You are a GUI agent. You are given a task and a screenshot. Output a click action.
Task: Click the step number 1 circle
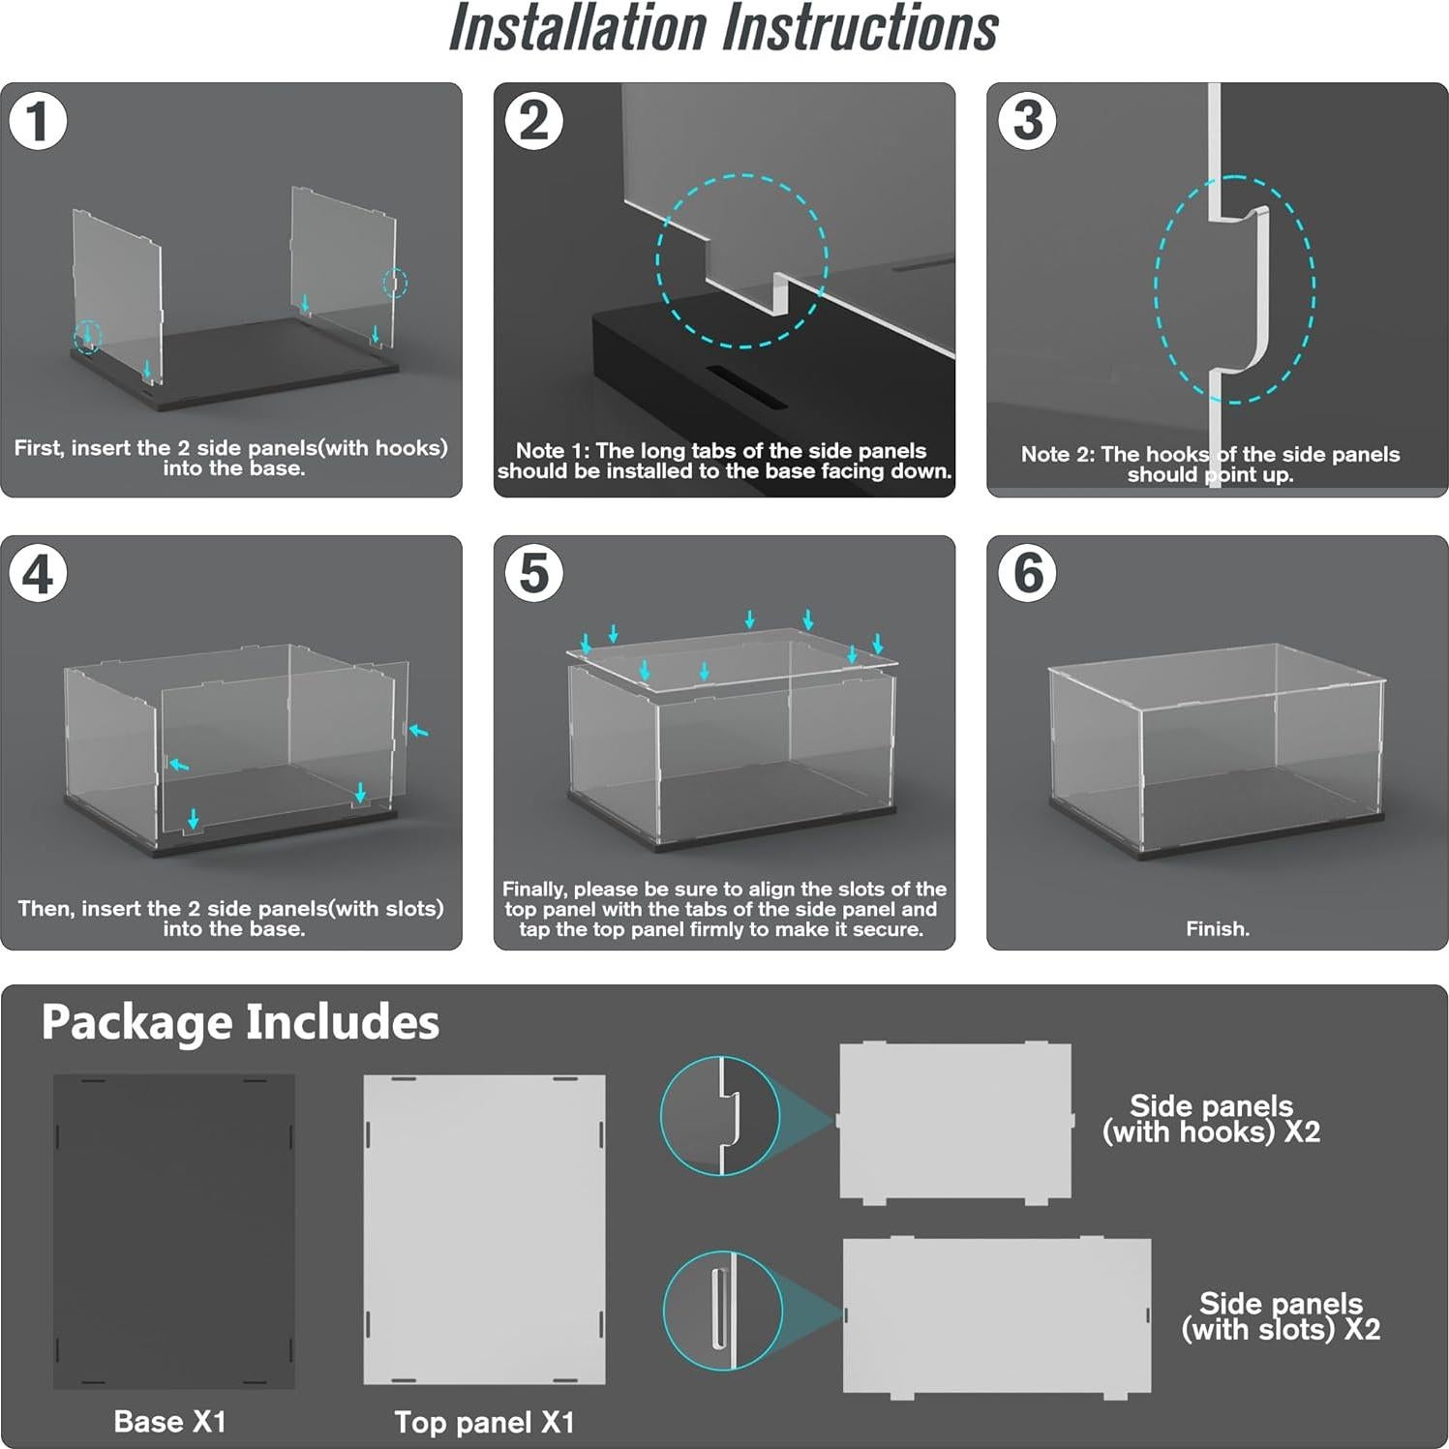pos(38,121)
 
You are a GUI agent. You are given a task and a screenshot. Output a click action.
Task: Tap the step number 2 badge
pos(533,121)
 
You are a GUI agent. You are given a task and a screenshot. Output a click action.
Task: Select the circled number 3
pos(1027,121)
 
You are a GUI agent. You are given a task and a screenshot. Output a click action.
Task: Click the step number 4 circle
pos(38,573)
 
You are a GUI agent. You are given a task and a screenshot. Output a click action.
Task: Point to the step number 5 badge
pos(533,573)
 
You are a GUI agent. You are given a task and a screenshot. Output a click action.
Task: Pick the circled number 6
pos(1027,573)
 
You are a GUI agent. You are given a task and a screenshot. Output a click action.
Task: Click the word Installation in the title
pos(578,29)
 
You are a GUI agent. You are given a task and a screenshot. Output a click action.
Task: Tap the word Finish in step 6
pos(1216,929)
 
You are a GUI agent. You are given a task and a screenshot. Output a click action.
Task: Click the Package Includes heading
pos(240,1023)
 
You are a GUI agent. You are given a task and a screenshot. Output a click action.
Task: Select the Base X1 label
pos(169,1422)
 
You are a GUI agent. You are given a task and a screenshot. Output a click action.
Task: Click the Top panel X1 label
pos(484,1423)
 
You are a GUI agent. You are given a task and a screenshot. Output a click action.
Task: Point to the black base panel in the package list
pos(174,1231)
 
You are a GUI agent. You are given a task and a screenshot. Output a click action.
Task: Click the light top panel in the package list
pos(484,1229)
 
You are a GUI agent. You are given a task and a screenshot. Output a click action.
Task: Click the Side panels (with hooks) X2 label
pos(1211,1119)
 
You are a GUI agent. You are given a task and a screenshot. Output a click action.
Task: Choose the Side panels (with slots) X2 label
pos(1281,1316)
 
